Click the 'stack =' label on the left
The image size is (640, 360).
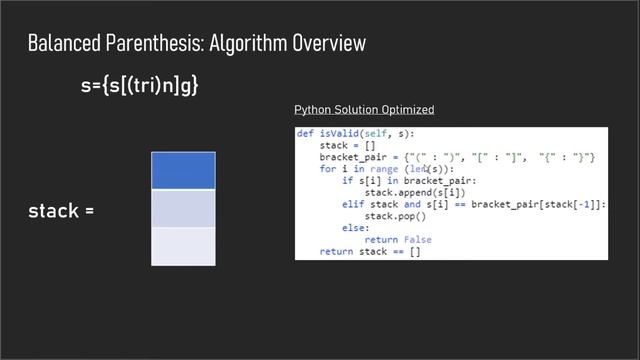click(x=61, y=211)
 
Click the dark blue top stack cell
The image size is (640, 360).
click(x=183, y=171)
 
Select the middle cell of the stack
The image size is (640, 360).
click(x=183, y=208)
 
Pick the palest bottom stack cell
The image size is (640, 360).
click(x=183, y=246)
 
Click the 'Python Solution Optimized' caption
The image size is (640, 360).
click(x=364, y=109)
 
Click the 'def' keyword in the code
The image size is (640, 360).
click(x=305, y=134)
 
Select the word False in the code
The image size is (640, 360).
click(x=412, y=239)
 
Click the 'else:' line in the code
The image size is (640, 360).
click(x=355, y=228)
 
